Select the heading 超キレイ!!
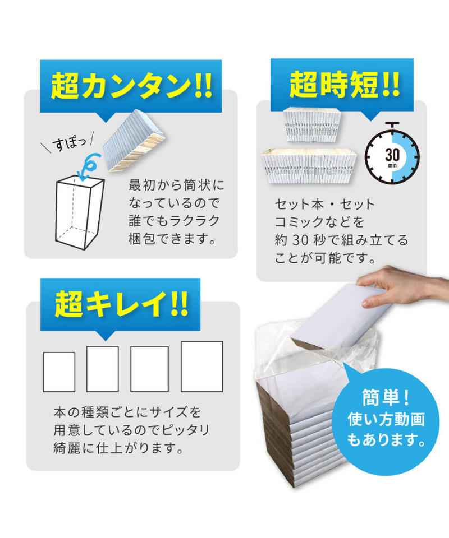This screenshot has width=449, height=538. point(121,304)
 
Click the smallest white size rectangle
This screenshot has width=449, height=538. point(59,372)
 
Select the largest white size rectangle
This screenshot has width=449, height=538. point(201,366)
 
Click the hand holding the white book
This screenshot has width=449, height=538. point(393,286)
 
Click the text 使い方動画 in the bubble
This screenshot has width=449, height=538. point(386,418)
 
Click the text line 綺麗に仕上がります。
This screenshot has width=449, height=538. point(118,448)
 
